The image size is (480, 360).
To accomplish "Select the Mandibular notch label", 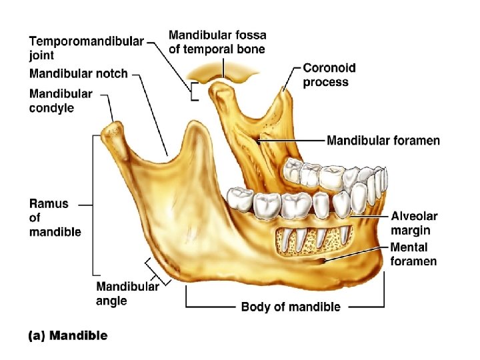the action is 78,73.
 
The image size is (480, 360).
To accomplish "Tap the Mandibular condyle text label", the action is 61,101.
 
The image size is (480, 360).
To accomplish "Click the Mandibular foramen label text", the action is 383,141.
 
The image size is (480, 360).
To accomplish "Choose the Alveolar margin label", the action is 414,223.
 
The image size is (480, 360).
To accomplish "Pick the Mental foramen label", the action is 413,254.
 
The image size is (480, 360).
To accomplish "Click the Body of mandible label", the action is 290,307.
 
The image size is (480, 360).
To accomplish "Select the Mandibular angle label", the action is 127,293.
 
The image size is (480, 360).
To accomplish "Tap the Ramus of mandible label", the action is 55,217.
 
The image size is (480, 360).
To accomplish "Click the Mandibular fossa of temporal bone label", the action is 217,41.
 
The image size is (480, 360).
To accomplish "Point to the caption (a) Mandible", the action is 67,335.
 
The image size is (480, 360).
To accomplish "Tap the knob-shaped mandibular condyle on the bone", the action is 115,130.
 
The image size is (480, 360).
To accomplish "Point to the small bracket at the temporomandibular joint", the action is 193,92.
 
